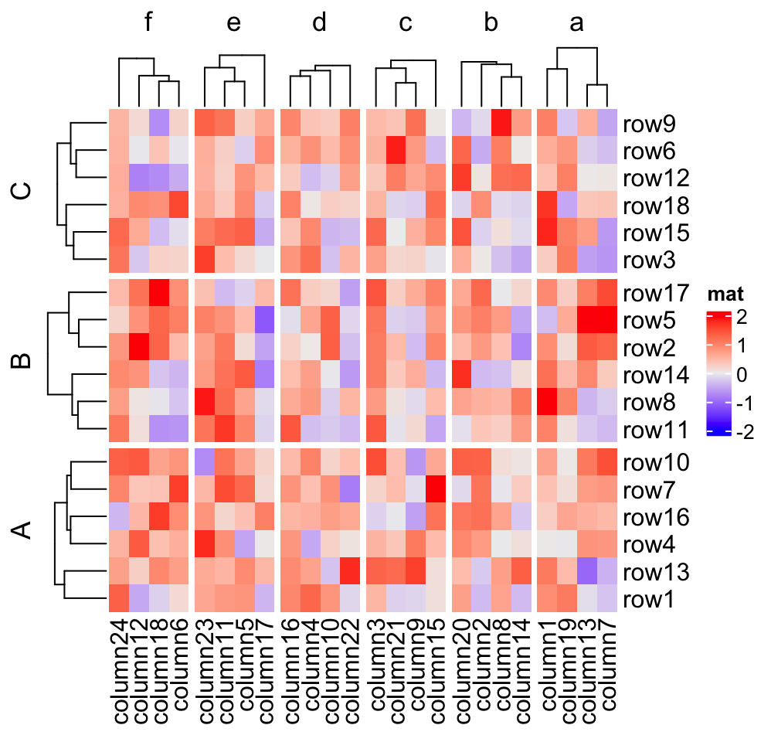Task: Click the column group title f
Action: (x=150, y=24)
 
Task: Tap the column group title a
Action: (x=576, y=24)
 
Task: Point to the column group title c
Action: (x=406, y=24)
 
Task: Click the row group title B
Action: (x=23, y=361)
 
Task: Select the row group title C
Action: (x=23, y=192)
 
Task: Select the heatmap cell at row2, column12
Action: (x=139, y=348)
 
